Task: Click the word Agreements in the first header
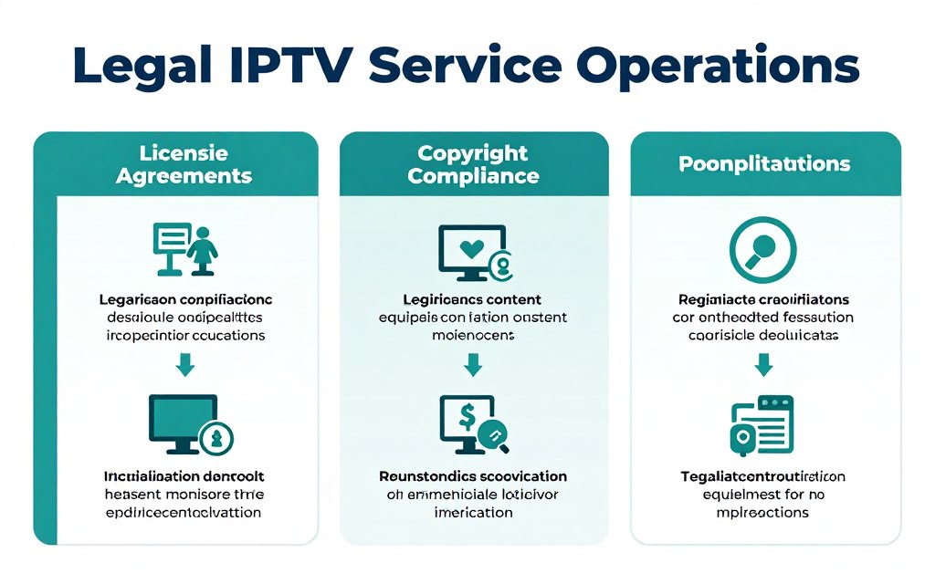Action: (184, 175)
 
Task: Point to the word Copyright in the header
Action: (473, 152)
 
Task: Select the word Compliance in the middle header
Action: (473, 175)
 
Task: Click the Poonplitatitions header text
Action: (764, 164)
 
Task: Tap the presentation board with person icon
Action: (184, 248)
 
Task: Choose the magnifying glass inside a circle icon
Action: (763, 248)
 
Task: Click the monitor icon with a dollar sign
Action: (471, 422)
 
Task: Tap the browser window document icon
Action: (762, 424)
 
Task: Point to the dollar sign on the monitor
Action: (467, 417)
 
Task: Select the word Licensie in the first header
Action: (184, 152)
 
